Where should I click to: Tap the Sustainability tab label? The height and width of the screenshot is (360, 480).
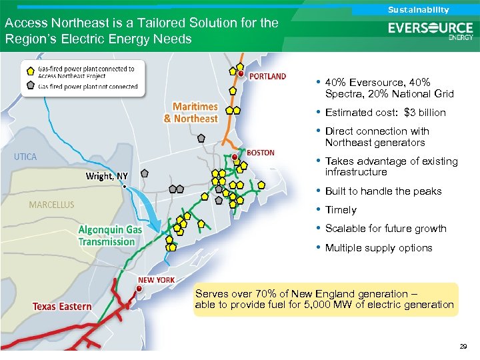click(x=419, y=9)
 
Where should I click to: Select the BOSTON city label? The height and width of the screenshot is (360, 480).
click(x=261, y=153)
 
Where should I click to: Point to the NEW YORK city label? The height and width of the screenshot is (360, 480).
click(x=156, y=280)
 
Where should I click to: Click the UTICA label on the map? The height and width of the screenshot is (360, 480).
click(x=25, y=157)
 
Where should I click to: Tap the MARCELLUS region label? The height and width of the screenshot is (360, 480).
click(x=51, y=205)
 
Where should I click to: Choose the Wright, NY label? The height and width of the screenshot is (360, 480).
click(x=107, y=176)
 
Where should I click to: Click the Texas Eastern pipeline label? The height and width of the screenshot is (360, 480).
click(x=62, y=306)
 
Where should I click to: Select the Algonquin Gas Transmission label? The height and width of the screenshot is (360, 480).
click(x=110, y=235)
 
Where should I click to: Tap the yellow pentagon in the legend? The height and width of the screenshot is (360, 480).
click(x=31, y=71)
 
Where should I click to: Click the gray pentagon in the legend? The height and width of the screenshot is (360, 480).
click(x=31, y=85)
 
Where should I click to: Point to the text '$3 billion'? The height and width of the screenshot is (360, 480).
click(x=425, y=113)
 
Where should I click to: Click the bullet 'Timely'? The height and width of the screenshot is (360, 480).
click(x=341, y=210)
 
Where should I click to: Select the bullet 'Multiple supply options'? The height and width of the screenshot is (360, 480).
click(x=378, y=248)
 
